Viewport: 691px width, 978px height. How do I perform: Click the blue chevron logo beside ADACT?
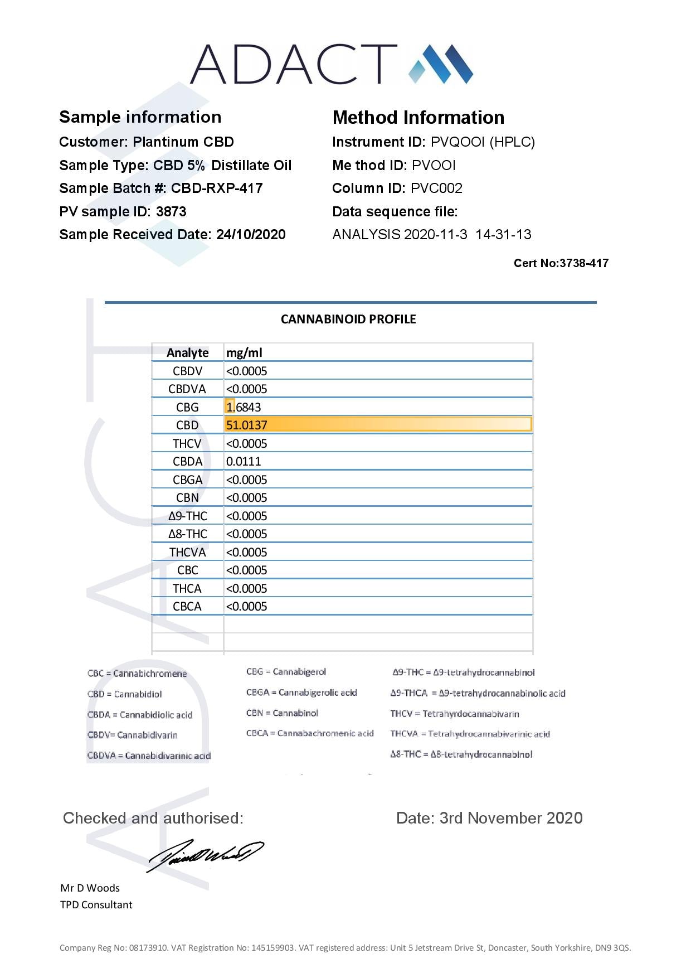click(441, 64)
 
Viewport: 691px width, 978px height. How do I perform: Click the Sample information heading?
click(140, 117)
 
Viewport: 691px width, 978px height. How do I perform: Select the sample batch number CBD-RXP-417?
click(217, 188)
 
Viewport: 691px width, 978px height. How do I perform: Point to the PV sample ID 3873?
click(171, 212)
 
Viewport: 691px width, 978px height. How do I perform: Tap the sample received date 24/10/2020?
click(251, 235)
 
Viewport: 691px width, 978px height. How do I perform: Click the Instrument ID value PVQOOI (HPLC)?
click(483, 142)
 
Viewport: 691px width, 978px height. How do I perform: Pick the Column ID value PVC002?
click(436, 188)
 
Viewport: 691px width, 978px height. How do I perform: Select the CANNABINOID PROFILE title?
click(348, 319)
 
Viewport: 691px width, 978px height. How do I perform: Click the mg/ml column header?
click(244, 353)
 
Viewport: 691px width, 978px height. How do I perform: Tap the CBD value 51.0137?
click(247, 425)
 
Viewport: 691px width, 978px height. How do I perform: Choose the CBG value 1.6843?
click(244, 408)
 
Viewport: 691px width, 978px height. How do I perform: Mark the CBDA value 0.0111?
click(244, 462)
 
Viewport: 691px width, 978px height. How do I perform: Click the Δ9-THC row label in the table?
click(187, 516)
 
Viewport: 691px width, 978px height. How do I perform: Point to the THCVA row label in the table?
click(187, 553)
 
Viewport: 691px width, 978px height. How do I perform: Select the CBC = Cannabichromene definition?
click(137, 674)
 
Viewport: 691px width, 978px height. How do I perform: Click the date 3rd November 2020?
click(510, 818)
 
